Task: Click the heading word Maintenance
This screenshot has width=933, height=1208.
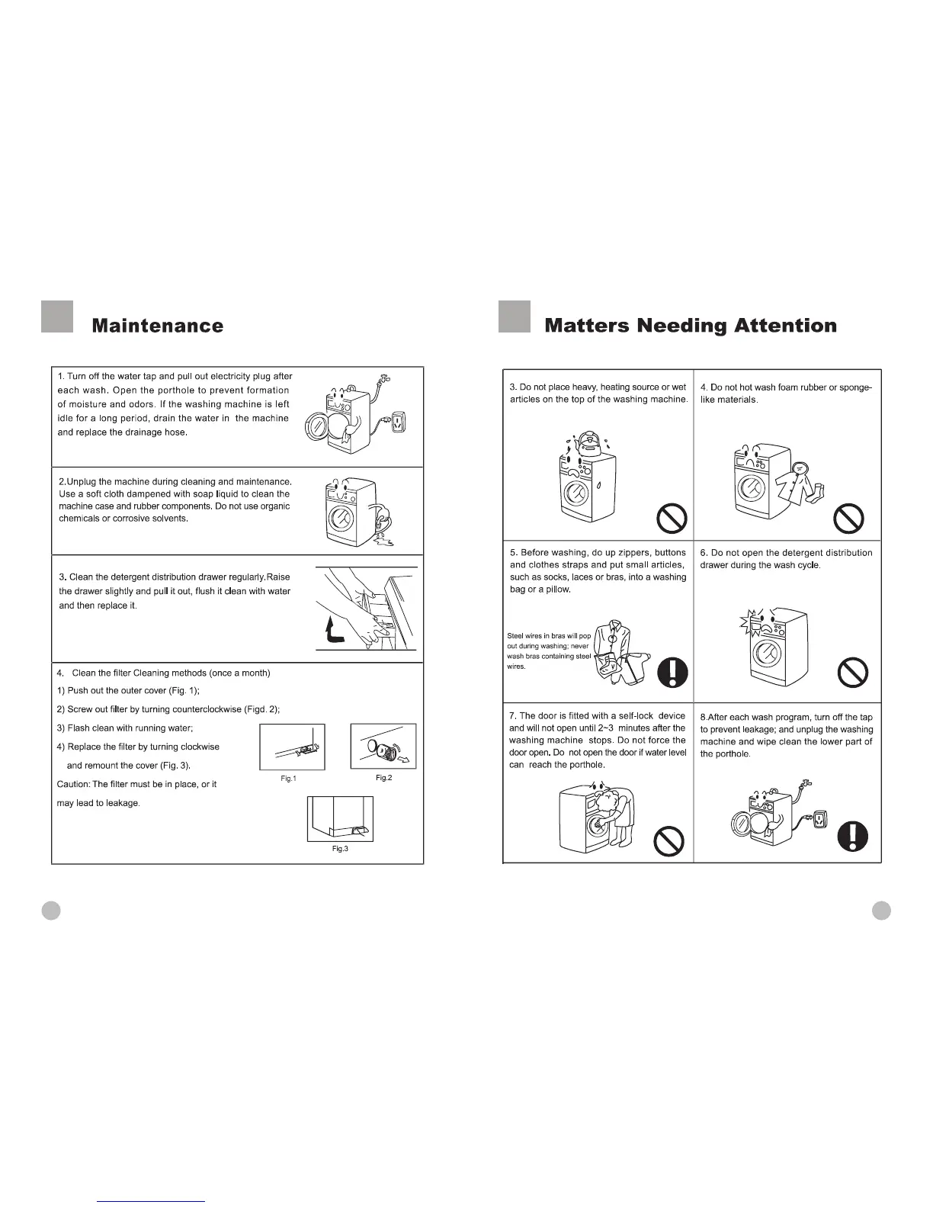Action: tap(157, 326)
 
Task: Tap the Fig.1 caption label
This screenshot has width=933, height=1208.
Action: tap(288, 778)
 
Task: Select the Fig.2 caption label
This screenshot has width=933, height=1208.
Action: tap(383, 777)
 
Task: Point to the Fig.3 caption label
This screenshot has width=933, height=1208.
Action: tap(340, 849)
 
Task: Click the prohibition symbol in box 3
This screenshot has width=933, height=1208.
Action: tap(672, 520)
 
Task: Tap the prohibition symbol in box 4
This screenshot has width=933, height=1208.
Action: tap(848, 520)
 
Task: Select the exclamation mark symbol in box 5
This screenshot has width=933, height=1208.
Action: tap(672, 672)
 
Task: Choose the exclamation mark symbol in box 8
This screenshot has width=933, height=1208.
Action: tap(852, 837)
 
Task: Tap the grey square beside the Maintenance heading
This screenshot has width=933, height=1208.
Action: tap(57, 317)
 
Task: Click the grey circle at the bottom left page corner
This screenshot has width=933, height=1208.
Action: tap(51, 911)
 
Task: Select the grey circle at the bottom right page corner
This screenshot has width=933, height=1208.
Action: tap(881, 911)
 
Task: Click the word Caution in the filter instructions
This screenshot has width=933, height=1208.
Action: tap(72, 784)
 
